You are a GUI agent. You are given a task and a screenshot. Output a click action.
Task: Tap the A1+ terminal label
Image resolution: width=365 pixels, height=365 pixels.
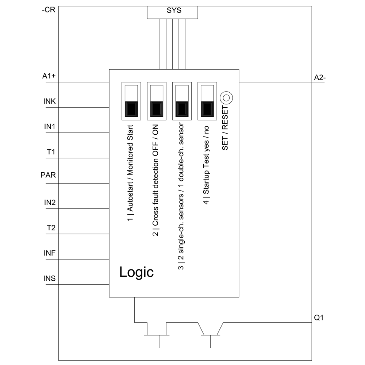click(x=49, y=76)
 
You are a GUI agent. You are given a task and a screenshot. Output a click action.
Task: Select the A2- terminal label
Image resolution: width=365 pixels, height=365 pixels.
click(x=320, y=77)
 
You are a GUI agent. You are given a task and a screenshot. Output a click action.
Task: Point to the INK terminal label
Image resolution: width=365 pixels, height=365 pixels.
click(x=49, y=101)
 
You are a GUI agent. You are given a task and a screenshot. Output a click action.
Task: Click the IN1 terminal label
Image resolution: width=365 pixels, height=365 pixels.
click(x=49, y=127)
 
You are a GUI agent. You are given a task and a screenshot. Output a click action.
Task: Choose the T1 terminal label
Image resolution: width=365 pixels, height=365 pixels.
click(x=51, y=152)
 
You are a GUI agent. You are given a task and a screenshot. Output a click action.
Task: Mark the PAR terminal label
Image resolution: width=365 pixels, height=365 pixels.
click(x=48, y=174)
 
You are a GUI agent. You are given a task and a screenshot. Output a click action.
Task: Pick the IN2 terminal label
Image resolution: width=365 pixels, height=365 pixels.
click(x=49, y=203)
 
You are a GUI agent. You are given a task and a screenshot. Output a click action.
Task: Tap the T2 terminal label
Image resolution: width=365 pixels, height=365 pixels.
click(x=51, y=228)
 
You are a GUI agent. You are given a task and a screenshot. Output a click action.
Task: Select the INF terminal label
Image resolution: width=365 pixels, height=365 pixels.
click(x=49, y=253)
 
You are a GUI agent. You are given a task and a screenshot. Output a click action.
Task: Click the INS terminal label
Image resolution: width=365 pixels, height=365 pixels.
click(x=49, y=279)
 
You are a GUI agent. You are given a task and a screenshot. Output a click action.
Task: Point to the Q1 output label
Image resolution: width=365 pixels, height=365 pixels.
click(x=319, y=318)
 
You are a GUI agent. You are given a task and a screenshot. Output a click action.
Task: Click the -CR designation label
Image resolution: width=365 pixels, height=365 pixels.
click(x=49, y=10)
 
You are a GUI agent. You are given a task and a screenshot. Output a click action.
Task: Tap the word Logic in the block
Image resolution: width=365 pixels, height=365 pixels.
click(x=137, y=272)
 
